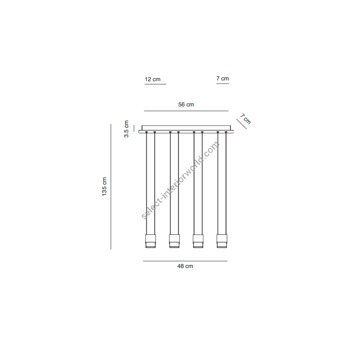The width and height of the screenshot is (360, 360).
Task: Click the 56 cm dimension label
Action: pyautogui.click(x=186, y=104)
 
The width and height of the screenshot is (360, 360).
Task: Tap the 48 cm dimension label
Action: pyautogui.click(x=185, y=266)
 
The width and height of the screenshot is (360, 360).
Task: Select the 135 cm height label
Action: pyautogui.click(x=104, y=186)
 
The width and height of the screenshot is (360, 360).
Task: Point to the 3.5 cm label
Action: pyautogui.click(x=126, y=129)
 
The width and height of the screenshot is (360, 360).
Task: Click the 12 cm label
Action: pyautogui.click(x=152, y=79)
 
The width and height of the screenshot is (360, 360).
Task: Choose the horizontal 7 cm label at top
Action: pyautogui.click(x=222, y=78)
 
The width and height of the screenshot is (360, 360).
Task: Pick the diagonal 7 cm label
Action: pyautogui.click(x=246, y=119)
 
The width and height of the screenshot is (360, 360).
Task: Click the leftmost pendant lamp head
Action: pyautogui.click(x=151, y=241)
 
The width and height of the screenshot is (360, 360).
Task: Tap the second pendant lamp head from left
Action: pyautogui.click(x=174, y=241)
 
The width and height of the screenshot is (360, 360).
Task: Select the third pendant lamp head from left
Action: pyautogui.click(x=198, y=241)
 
